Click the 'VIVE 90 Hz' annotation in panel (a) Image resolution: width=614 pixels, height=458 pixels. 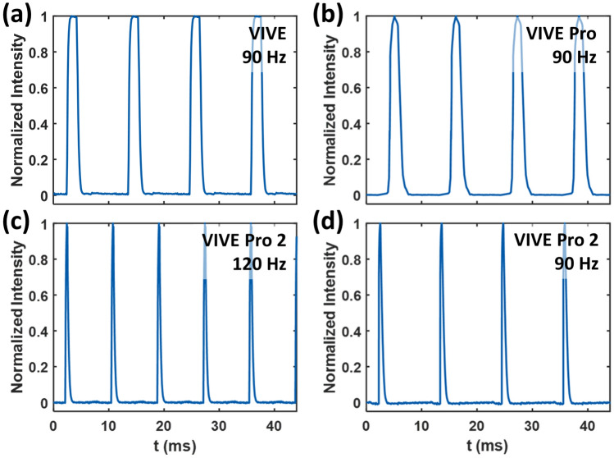coord(268,44)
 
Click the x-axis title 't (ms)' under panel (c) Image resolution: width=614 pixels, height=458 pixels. coord(173,444)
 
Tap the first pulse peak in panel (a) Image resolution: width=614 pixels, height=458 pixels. coord(72,17)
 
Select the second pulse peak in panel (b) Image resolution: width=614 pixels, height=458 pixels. coord(457,17)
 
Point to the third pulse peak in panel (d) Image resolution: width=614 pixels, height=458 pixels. coord(503,226)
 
